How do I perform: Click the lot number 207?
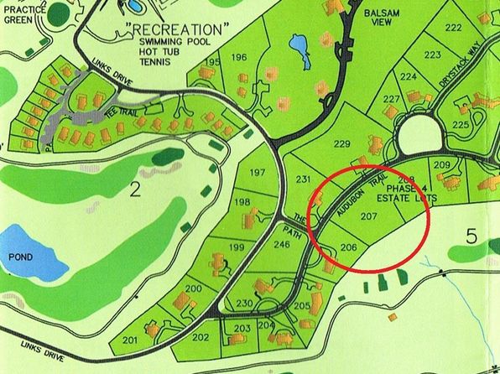368,216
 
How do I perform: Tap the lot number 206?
351,247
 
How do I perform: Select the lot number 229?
341,145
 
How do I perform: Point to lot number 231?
304,180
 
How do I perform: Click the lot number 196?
239,57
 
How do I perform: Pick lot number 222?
453,29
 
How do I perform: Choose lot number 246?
281,245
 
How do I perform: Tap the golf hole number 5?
471,237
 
